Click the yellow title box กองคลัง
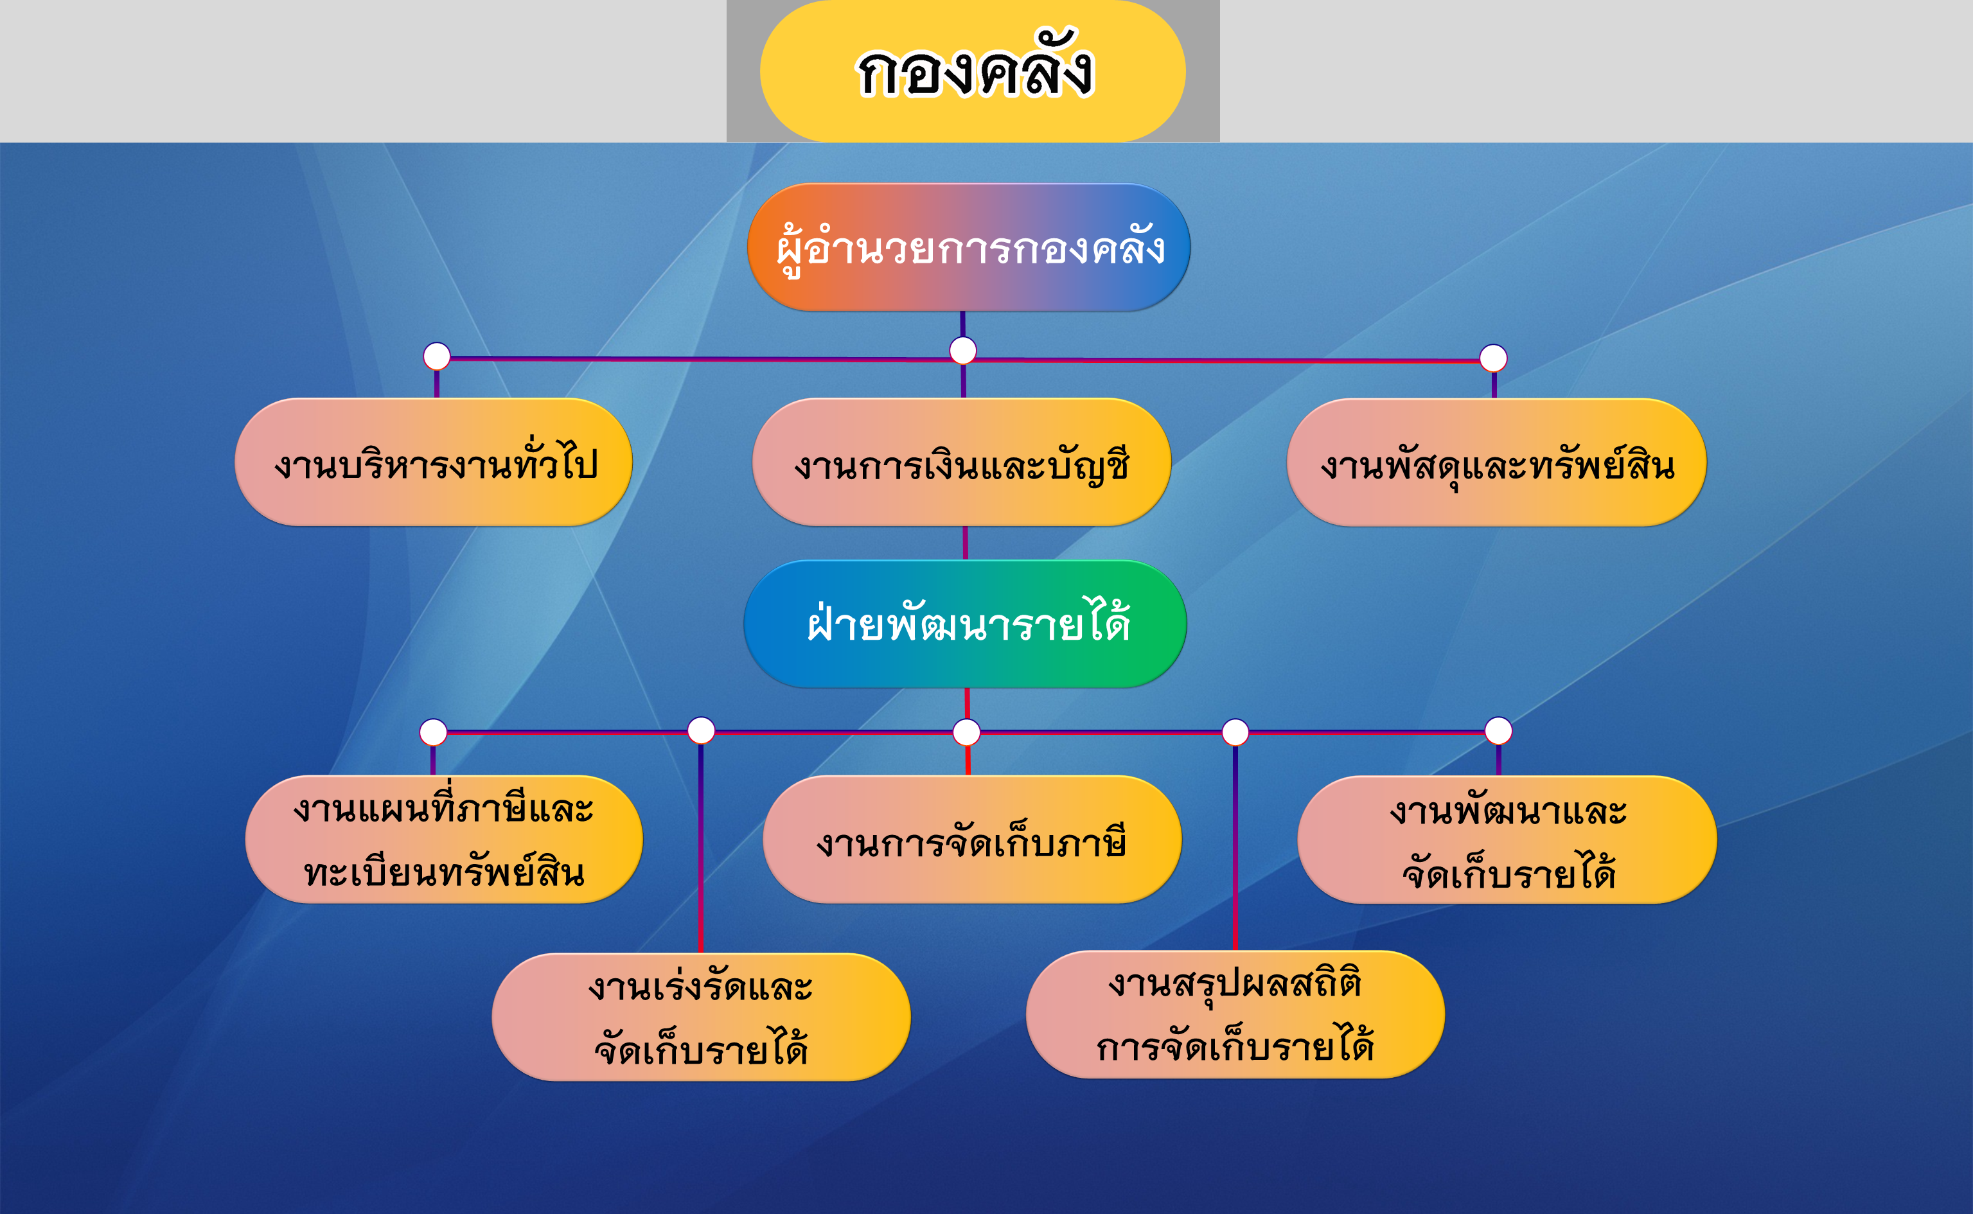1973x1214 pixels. (973, 71)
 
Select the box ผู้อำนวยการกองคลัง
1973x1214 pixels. (968, 247)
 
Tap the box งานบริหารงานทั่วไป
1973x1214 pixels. (434, 462)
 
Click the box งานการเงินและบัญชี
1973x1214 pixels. (961, 462)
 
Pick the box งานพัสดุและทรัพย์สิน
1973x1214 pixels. (1497, 462)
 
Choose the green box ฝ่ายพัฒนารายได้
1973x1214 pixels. (965, 624)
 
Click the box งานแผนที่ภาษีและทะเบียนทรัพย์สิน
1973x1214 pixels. (444, 839)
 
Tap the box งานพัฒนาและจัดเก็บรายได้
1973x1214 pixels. (1507, 839)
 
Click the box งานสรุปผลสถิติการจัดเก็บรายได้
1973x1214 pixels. (1235, 1015)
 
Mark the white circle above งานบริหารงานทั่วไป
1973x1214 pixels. (437, 356)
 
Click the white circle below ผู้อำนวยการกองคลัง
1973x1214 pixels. (963, 350)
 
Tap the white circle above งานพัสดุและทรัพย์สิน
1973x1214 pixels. (1494, 358)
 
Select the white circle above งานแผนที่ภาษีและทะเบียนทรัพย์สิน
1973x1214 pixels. (434, 732)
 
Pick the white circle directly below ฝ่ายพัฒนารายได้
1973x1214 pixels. (966, 732)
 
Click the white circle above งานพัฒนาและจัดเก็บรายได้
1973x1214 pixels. (1498, 731)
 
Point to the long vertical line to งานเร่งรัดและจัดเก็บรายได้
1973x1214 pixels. (701, 849)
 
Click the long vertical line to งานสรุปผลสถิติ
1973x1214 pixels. (1235, 848)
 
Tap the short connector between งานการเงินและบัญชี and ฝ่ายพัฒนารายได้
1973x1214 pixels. (965, 543)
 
